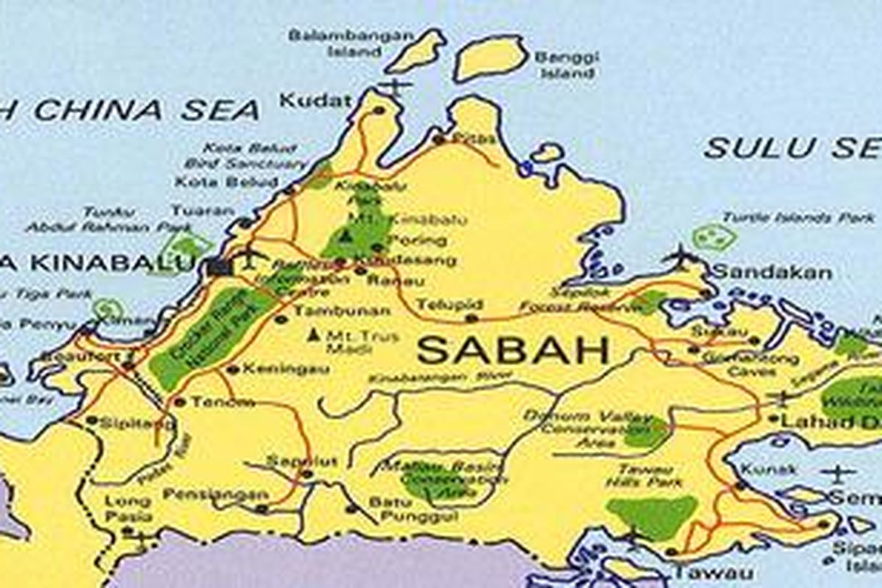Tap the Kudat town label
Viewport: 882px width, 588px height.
tap(316, 101)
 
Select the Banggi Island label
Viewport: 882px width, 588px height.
tap(567, 65)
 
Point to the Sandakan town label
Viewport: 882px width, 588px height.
tap(772, 273)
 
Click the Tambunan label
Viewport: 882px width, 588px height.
tap(342, 311)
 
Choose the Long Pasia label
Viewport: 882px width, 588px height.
tap(128, 509)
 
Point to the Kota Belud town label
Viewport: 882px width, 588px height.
tap(226, 182)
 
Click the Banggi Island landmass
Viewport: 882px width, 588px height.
tap(490, 57)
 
